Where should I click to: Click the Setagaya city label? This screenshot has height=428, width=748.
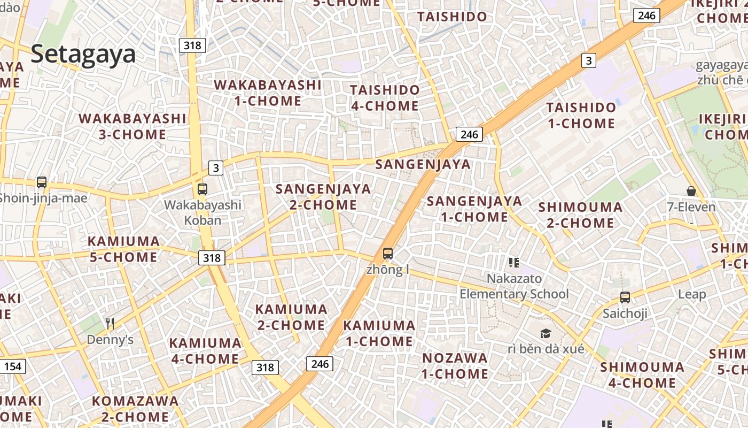83,55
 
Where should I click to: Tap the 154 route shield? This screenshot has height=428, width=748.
13,366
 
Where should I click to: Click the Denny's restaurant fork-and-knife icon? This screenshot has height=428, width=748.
110,323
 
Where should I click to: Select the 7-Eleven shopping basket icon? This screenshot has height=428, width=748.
691,191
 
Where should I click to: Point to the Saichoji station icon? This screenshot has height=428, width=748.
625,297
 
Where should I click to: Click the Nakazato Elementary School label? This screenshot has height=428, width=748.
514,286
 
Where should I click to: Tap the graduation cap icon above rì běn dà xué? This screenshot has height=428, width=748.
546,333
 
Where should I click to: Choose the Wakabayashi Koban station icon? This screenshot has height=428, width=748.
202,189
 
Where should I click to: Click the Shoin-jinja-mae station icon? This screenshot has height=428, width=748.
42,182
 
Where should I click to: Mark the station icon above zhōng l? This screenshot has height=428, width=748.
388,254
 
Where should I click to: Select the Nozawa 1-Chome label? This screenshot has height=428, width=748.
455,365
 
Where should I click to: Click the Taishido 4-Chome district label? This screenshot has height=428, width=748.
385,97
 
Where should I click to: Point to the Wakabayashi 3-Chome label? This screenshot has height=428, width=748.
133,126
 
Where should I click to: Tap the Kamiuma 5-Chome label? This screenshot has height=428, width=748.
123,249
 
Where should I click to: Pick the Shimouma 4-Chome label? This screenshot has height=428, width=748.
642,375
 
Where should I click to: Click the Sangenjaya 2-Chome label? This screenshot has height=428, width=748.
323,196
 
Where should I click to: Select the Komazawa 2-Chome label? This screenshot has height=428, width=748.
135,408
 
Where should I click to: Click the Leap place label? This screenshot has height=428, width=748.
692,294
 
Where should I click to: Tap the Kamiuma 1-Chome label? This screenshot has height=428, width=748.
379,333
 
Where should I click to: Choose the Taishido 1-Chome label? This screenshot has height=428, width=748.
581,115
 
